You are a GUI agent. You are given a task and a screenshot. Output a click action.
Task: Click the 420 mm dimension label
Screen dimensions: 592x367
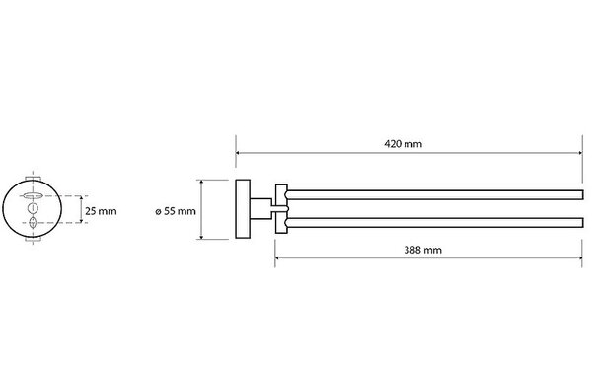coord(403,144)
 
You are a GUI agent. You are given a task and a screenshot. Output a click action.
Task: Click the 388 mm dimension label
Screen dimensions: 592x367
coord(422,250)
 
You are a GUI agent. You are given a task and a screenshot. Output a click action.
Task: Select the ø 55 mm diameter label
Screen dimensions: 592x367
coord(176,211)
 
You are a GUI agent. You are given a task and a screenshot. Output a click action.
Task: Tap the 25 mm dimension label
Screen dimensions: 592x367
coord(101,211)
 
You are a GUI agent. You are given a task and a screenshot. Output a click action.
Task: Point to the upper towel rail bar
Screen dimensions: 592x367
coord(435,194)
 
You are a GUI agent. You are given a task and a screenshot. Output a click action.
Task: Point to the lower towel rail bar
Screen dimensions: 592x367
coord(435,222)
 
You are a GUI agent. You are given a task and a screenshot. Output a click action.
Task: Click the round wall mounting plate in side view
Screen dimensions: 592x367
coord(243,209)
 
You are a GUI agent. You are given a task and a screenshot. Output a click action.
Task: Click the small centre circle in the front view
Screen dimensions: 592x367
coord(33,208)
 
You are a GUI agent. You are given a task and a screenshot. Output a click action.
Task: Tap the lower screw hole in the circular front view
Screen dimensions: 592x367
coord(33,222)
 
